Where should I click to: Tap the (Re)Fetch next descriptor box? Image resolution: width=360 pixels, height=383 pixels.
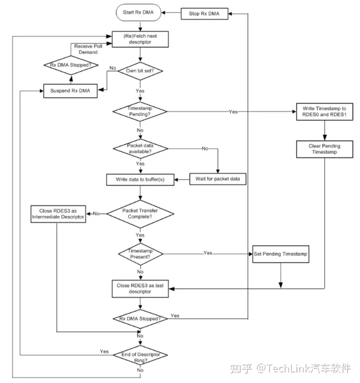click(x=140, y=39)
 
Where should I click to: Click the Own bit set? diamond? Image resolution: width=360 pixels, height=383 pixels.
click(x=140, y=71)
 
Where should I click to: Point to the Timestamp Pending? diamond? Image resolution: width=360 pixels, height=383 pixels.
click(x=140, y=110)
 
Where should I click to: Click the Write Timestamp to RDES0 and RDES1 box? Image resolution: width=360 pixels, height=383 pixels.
click(x=325, y=111)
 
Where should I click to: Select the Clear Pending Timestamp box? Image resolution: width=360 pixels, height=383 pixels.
click(x=325, y=148)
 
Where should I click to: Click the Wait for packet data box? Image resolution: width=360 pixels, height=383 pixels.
click(x=218, y=179)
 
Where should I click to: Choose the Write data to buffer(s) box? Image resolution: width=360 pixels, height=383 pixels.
click(x=140, y=179)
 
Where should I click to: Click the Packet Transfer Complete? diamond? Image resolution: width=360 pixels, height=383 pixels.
click(x=140, y=213)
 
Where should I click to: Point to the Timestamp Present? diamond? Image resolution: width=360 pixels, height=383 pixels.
click(x=140, y=253)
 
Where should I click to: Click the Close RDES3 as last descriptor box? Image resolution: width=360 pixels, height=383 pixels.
click(x=140, y=288)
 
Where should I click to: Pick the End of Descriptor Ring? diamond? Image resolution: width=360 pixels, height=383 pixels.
click(x=140, y=355)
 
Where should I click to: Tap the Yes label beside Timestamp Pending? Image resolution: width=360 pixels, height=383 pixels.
click(x=233, y=111)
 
